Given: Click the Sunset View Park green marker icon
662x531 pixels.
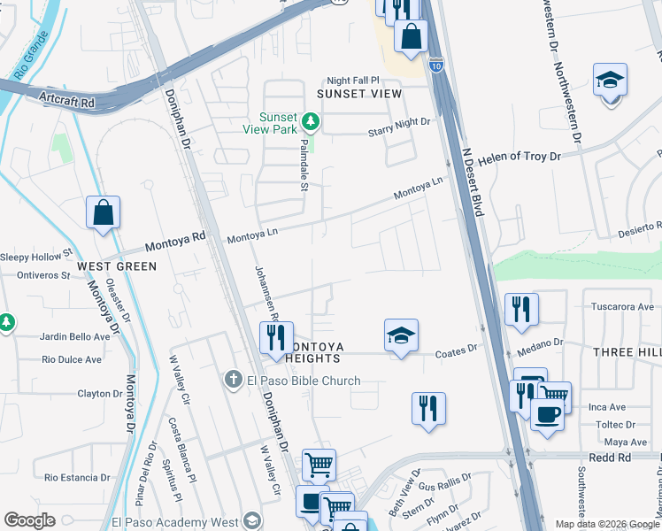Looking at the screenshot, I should [x=310, y=120].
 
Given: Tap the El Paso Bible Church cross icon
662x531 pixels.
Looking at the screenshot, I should [x=233, y=381].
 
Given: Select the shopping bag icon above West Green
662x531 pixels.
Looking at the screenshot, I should [x=104, y=212].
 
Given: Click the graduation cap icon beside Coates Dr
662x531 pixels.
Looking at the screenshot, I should [x=401, y=335].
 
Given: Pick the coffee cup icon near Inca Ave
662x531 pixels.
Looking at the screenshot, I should [x=547, y=414].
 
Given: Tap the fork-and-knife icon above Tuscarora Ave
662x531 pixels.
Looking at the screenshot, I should [x=521, y=310].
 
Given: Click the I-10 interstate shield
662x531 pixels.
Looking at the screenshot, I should [x=435, y=64].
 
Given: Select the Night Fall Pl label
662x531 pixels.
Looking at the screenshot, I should [x=352, y=79].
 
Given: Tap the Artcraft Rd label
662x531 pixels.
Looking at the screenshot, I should [x=65, y=103].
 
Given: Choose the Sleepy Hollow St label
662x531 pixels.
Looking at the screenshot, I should [x=35, y=253].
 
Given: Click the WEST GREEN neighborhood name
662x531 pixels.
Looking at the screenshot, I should [x=117, y=265].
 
